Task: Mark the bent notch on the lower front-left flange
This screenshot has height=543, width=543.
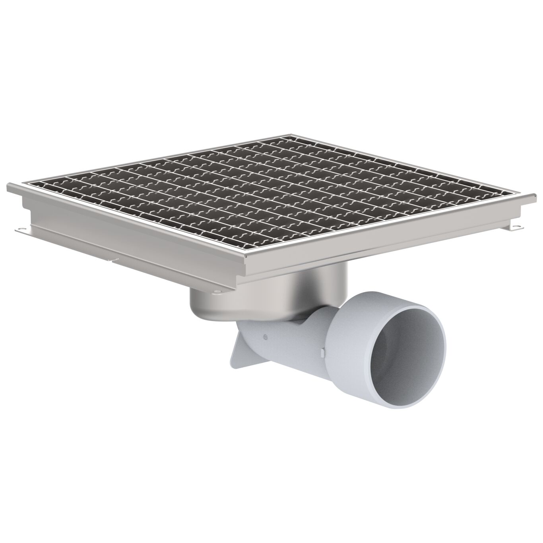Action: [115, 260]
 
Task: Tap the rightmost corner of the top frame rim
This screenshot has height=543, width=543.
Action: [534, 195]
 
